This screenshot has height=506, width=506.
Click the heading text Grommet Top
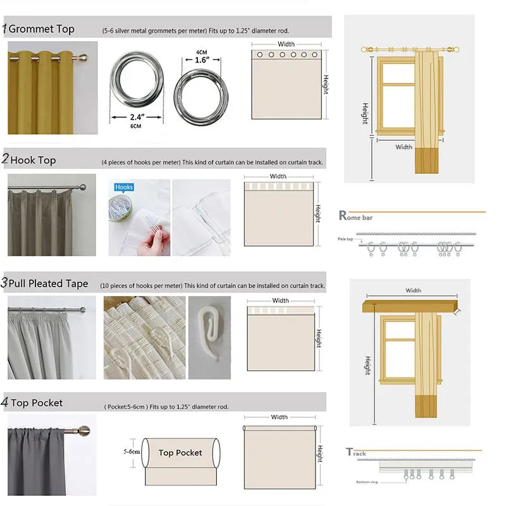[x=41, y=29]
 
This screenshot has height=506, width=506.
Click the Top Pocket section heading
[x=36, y=403]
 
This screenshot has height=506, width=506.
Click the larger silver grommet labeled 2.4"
[x=138, y=81]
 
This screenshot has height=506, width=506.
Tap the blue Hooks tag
[x=124, y=187]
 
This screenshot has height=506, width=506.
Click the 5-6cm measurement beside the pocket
[x=131, y=452]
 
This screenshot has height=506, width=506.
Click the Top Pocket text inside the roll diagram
[x=180, y=453]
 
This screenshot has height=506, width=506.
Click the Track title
[x=356, y=453]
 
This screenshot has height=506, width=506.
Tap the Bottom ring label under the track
[x=365, y=482]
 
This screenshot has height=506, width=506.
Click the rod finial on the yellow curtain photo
[x=82, y=58]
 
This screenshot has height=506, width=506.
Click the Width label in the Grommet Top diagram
[x=286, y=44]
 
